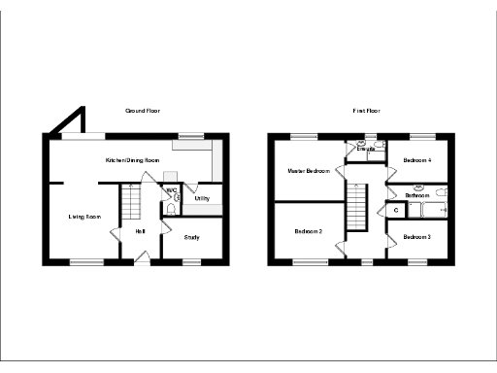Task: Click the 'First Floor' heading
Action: (x=365, y=112)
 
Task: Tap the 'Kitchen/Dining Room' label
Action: (x=132, y=159)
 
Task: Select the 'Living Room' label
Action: (x=84, y=217)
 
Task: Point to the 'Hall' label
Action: (x=141, y=230)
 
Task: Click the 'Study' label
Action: (x=191, y=236)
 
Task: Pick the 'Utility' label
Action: (x=203, y=199)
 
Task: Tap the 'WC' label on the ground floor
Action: (x=171, y=189)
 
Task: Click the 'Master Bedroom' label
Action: (x=308, y=171)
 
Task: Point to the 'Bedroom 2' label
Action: (x=308, y=231)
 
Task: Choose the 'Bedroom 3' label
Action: (x=417, y=237)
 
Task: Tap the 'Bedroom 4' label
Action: (x=417, y=159)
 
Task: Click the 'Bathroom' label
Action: (x=417, y=195)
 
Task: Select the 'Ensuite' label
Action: (x=366, y=150)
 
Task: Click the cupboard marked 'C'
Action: (x=396, y=211)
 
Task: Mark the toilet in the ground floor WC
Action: (x=171, y=208)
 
